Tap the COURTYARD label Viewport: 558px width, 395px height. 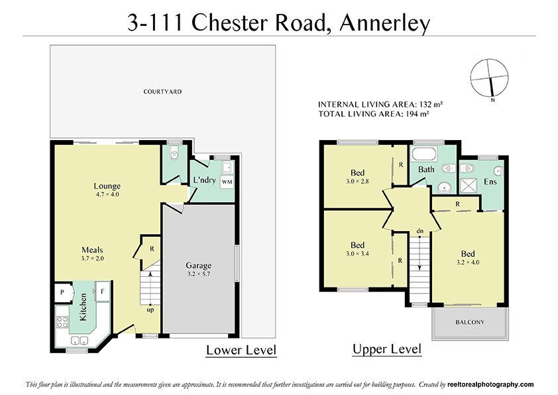point(162,92)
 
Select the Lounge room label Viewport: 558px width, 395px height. point(106,186)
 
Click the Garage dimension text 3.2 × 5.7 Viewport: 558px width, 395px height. point(198,274)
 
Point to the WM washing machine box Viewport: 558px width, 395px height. point(226,181)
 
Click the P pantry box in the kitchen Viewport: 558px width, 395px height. point(62,291)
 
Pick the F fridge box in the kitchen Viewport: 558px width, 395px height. point(103,291)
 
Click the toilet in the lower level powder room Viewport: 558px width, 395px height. point(174,155)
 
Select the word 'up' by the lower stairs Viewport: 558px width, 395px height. point(151,309)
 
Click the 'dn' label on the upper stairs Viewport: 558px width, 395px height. point(419,231)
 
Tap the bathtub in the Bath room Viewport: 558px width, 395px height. point(424,155)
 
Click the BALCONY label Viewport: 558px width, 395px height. point(469,323)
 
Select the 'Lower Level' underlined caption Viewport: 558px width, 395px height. point(241,350)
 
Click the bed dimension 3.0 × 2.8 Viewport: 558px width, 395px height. point(357,181)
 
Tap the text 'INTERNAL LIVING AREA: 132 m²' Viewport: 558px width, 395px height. point(380,105)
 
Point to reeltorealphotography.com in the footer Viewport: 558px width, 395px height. point(490,384)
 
